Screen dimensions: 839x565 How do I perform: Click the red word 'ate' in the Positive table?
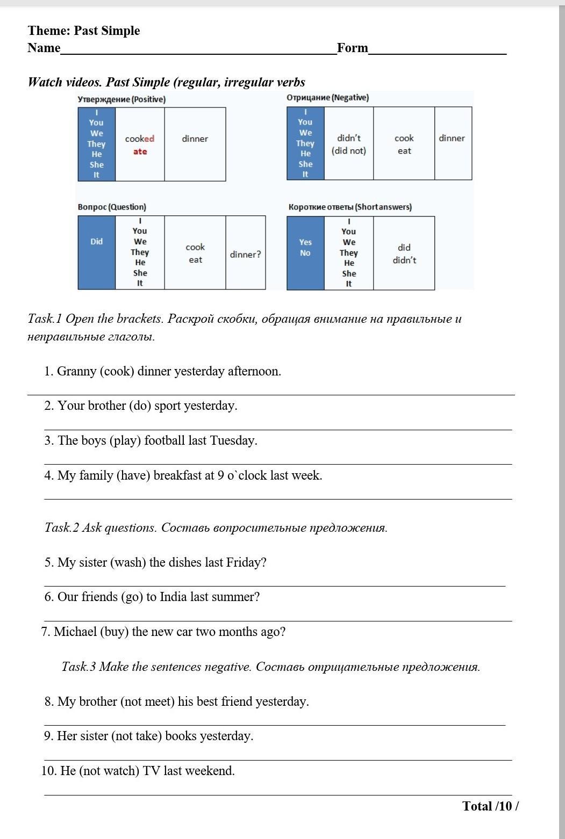coord(140,151)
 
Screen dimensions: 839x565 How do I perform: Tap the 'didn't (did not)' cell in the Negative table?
coord(349,144)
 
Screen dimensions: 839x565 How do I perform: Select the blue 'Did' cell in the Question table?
coord(97,242)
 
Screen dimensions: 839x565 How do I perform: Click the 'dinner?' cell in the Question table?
coord(246,254)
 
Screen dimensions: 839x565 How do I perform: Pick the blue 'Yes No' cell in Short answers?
coord(305,248)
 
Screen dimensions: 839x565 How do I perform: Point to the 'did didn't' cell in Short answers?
coord(404,254)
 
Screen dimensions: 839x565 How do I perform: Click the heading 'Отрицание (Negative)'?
coord(327,98)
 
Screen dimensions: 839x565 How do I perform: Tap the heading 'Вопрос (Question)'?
coord(112,207)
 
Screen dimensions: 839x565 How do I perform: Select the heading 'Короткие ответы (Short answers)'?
coord(350,207)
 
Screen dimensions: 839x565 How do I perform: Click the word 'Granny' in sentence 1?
coord(77,371)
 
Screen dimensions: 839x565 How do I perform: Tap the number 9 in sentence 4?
coord(221,475)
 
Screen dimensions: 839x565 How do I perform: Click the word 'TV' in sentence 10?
coord(151,771)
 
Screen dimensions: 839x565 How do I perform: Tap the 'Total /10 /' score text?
coord(490,806)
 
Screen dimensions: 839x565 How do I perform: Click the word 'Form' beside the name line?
coord(353,48)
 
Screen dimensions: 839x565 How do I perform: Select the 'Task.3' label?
coord(78,667)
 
